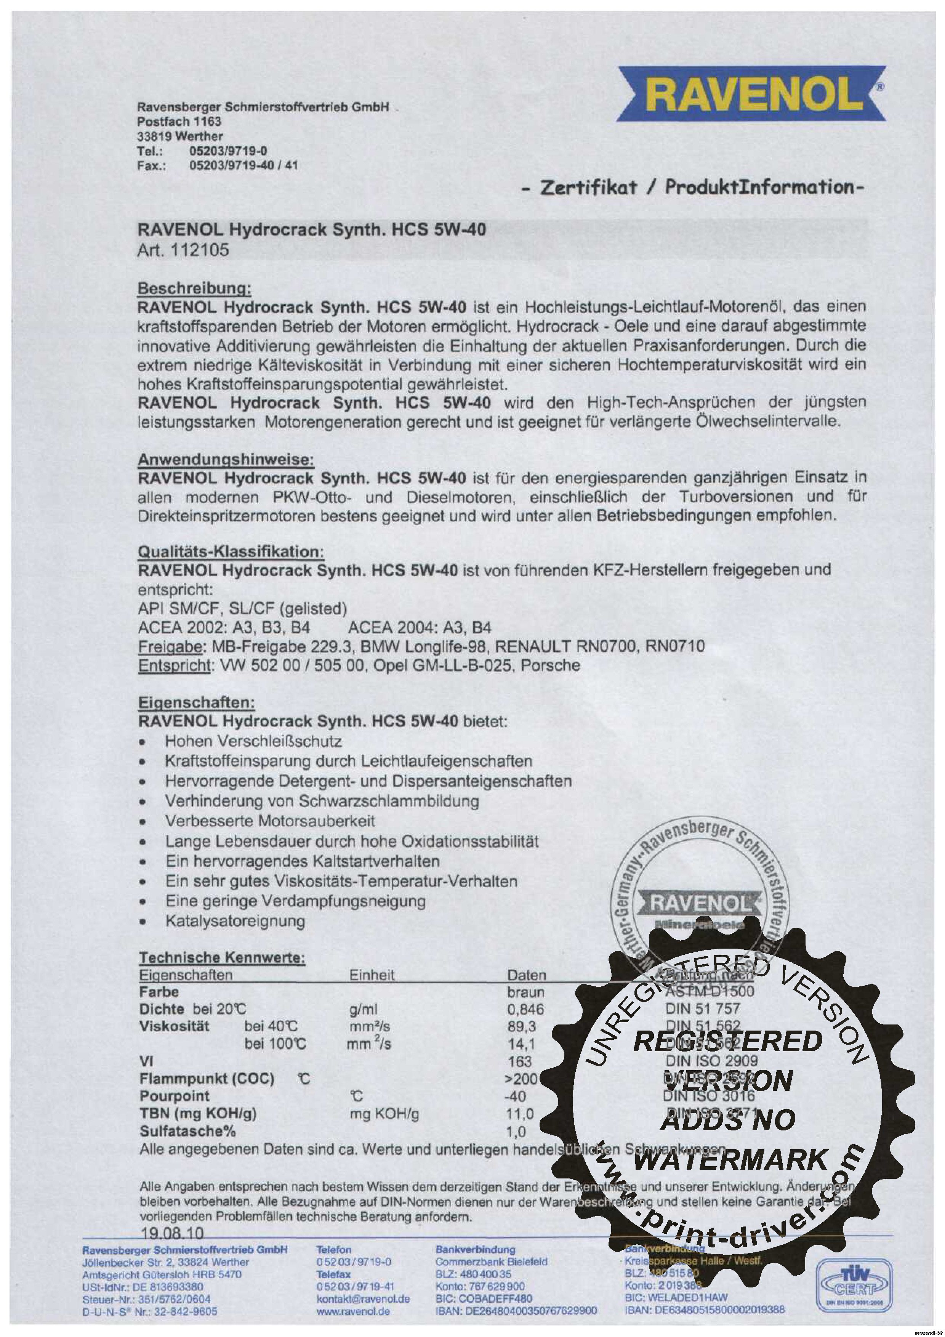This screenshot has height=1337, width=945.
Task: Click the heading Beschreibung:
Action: (x=194, y=289)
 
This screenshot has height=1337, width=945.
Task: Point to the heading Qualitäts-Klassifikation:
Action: (x=231, y=551)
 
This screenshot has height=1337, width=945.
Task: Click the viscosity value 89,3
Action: (x=522, y=1027)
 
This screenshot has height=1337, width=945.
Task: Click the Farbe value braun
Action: (x=526, y=992)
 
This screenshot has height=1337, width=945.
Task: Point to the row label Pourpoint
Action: (x=174, y=1097)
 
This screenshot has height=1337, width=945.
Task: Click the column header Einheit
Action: (x=372, y=975)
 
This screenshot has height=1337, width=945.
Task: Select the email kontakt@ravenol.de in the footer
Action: (x=363, y=1299)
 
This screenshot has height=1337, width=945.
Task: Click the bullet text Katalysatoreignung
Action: (x=235, y=921)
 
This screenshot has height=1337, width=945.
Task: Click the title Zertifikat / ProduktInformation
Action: (x=692, y=188)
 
